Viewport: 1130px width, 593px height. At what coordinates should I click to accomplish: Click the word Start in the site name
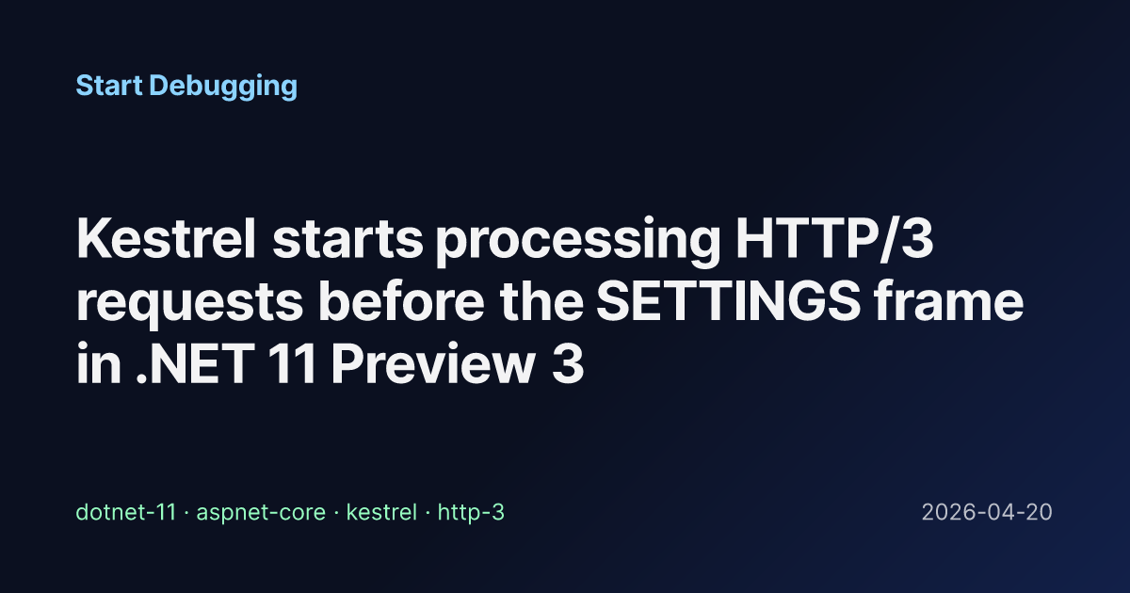pos(109,86)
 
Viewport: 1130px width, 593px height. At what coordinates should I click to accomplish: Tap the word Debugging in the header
pos(223,87)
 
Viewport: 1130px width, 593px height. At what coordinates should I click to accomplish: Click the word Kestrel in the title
pos(167,238)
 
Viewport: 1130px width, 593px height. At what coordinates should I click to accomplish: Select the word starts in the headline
pos(347,240)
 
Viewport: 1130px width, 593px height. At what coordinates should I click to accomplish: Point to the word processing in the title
pos(578,243)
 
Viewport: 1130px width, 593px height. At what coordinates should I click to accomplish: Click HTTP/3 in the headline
pos(835,238)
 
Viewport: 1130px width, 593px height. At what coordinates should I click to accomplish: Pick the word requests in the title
pos(189,304)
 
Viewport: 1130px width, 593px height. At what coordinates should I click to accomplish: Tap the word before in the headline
pos(401,300)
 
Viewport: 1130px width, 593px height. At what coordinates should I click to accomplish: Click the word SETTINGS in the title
pos(729,300)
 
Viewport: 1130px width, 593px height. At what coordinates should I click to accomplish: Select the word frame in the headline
pos(949,300)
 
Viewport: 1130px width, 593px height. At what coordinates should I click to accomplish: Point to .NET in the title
pos(195,363)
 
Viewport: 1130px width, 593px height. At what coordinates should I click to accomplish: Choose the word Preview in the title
pos(432,363)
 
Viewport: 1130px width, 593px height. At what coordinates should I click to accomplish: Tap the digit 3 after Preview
pos(568,363)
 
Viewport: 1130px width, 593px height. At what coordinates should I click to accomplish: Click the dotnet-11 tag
pos(126,512)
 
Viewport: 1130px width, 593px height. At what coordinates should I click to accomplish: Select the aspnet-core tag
pos(261,513)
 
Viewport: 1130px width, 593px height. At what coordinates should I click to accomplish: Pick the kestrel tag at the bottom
pos(381,512)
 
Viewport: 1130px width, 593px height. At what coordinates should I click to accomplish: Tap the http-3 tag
pos(471,513)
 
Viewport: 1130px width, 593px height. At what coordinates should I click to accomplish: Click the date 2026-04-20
pos(987,512)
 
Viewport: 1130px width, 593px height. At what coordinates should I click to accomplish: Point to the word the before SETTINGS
pos(541,300)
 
